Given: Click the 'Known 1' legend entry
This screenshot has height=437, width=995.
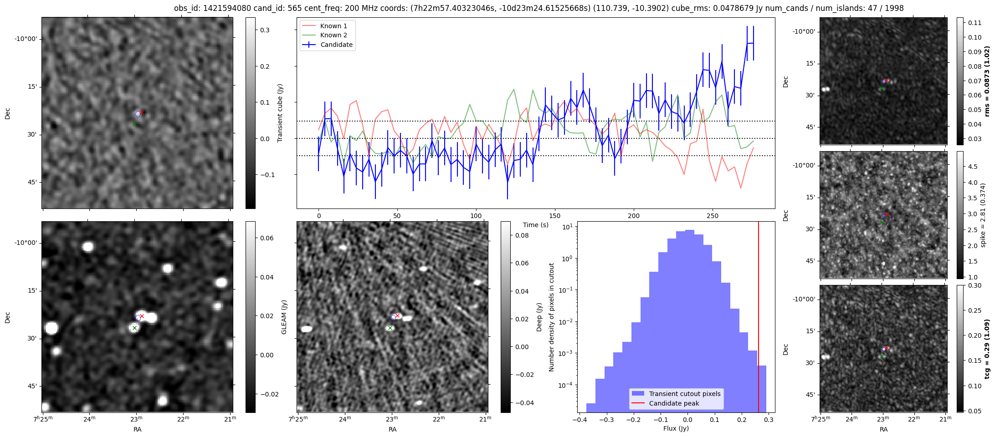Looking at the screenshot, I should tap(333, 26).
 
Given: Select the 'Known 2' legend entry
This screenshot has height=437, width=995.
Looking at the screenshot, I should tap(333, 35).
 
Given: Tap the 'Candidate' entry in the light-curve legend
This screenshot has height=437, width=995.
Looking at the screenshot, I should tap(336, 45).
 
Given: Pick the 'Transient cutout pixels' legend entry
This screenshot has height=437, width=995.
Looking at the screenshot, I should tap(685, 394).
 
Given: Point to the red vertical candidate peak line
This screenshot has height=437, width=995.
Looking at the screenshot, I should tap(759, 296).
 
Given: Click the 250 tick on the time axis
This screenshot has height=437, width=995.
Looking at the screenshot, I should tap(712, 216).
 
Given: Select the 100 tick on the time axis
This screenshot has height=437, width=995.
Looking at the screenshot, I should tap(476, 216).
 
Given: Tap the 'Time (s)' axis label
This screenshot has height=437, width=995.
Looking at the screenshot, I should tap(536, 225).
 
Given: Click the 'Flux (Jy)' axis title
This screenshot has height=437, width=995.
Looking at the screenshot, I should tap(676, 428).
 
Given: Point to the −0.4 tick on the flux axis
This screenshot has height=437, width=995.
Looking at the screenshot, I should tap(579, 420).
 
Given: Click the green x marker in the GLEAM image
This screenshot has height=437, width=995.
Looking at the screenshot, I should tap(134, 328).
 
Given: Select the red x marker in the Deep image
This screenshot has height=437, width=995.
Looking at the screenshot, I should tap(397, 315).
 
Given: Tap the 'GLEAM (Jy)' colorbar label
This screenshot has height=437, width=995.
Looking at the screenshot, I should tap(284, 317).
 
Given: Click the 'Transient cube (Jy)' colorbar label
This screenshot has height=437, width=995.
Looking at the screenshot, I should tap(280, 113).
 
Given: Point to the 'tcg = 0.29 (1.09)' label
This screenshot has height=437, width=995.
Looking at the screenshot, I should tap(987, 349).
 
